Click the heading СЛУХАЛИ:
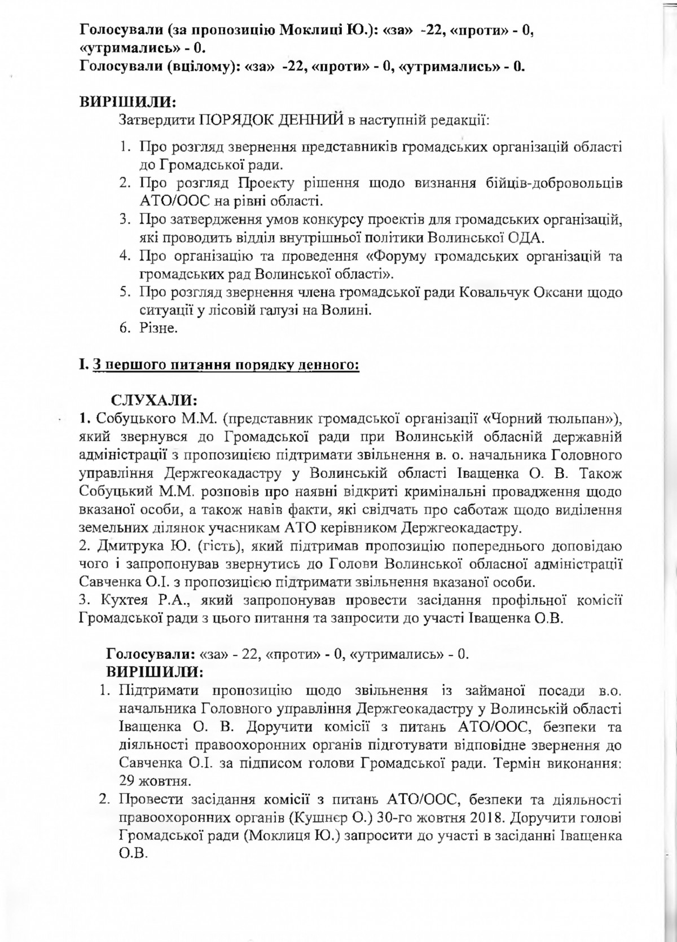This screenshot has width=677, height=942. point(153,400)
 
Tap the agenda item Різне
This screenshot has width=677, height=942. point(159,328)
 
